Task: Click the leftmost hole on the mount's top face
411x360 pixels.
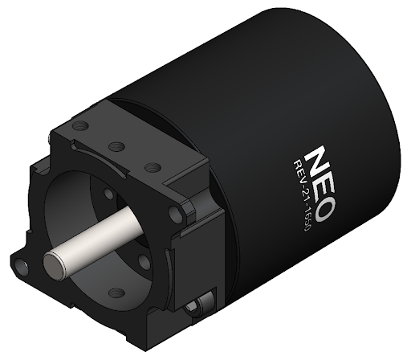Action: (79, 126)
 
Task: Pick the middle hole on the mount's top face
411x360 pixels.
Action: (116, 146)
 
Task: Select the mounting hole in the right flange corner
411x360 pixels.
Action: (177, 215)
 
